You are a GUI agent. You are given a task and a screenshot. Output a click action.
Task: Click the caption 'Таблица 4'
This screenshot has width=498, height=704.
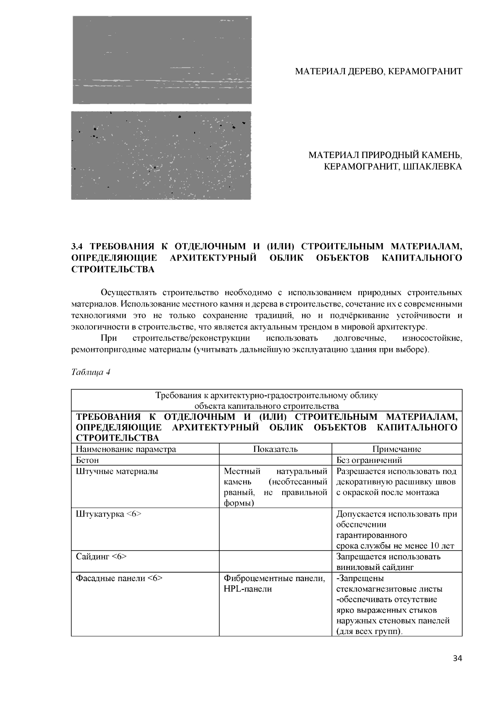pos(90,372)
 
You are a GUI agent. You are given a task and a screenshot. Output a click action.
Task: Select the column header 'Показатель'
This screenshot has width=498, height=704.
pos(276,449)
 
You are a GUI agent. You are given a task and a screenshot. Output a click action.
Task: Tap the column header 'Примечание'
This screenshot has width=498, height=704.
pos(397,449)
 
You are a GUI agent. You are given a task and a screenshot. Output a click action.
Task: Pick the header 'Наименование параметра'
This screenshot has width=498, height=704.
pos(126,449)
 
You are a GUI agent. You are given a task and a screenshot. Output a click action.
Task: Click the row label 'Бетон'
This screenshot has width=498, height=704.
pos(87,460)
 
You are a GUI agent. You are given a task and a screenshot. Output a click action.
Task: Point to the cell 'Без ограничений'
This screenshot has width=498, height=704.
pos(369,460)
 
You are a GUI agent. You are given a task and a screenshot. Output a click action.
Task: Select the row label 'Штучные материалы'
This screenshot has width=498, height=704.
pos(117,471)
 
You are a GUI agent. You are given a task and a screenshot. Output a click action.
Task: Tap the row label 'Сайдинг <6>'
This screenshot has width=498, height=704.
pos(101,557)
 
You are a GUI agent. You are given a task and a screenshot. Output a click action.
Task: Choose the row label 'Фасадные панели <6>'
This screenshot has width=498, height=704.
pos(119,578)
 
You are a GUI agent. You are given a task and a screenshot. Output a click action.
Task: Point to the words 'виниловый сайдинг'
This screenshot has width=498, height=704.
pos(375,568)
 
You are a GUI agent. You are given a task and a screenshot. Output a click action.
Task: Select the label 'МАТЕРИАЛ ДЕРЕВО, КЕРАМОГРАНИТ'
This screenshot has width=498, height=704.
pos(378,72)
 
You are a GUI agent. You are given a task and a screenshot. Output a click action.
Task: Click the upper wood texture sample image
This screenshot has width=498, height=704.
pos(162,60)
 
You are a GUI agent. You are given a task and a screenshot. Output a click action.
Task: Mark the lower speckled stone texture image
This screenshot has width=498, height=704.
pos(161,155)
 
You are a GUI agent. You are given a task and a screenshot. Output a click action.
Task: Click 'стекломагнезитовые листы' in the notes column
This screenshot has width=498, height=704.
pos(389,589)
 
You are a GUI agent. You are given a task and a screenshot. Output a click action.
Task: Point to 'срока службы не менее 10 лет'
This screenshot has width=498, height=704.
pos(395,546)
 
